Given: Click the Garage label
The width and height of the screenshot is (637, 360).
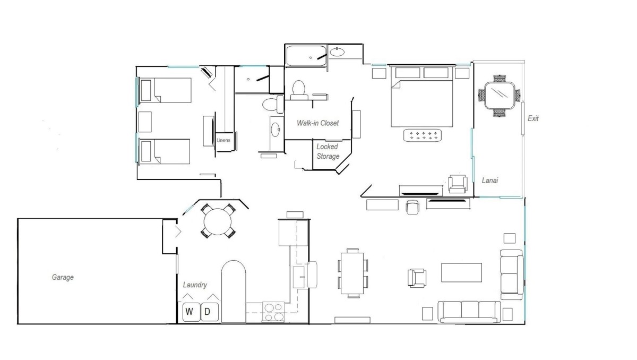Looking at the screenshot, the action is coord(63,277).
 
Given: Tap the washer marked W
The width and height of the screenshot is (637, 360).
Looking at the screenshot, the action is coord(191,312).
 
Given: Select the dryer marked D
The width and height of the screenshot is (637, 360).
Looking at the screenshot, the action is coord(210,312).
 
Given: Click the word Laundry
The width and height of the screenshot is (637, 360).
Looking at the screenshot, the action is coord(195,285).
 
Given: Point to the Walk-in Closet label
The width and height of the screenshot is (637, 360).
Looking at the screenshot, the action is coord(317,123).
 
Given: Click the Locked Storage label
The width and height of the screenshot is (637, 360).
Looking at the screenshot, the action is coord(328,151).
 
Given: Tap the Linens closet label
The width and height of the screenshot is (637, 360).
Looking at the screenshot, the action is coord(223,140).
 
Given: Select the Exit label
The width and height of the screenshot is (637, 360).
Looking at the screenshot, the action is coord(533,118).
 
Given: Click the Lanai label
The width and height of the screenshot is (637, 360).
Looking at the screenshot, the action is coord(489,181).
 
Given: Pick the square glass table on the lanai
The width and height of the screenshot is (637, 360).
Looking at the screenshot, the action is coord(500,96).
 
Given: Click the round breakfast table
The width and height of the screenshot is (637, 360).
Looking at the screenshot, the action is coord(218,221).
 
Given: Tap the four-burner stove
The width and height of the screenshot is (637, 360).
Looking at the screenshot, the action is coord(273,312).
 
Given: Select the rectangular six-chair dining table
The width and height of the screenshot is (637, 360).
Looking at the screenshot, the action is coord(352,273).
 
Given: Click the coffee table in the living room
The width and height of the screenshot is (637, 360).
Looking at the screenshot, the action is coord(461,272).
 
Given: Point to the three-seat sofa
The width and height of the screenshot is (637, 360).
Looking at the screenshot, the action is coord(469,312).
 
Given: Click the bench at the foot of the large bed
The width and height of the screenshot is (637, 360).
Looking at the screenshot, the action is coord(423,135).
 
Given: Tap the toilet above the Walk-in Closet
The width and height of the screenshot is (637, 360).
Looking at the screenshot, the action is coord(298,90).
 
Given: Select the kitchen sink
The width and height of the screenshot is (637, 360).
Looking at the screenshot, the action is coord(299,277).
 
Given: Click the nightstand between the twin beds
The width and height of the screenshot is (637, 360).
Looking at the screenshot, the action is coord(145,122).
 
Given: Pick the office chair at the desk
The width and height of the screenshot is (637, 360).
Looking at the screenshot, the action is coord(412,207).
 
